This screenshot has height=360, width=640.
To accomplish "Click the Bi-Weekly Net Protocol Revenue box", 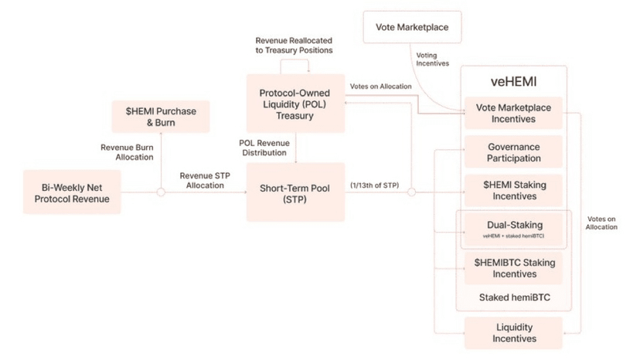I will coord(76,192).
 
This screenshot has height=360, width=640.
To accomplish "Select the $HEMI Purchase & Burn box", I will coord(161,117).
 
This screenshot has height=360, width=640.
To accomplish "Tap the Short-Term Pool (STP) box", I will coord(294,192).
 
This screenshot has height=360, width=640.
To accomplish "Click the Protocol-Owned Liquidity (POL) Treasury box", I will coord(294,104).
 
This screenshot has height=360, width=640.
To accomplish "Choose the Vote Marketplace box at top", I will coord(412,28).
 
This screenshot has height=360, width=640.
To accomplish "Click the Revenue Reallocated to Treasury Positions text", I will coord(294,45).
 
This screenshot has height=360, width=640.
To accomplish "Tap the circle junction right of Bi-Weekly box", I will coord(161,192).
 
